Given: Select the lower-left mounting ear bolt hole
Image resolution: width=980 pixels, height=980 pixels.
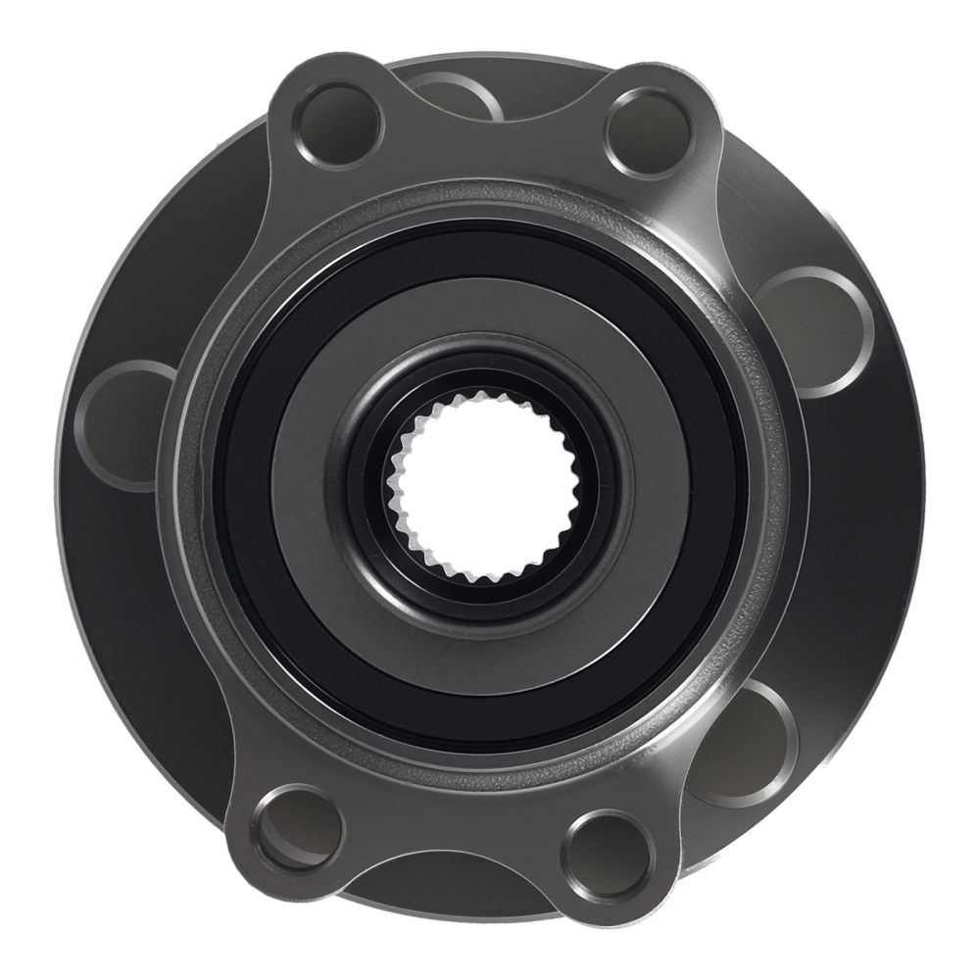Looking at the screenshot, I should [x=297, y=823].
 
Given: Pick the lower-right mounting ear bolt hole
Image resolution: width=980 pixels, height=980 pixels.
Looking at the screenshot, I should [x=606, y=849].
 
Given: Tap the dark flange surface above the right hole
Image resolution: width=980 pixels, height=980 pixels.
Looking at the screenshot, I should [x=784, y=216].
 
